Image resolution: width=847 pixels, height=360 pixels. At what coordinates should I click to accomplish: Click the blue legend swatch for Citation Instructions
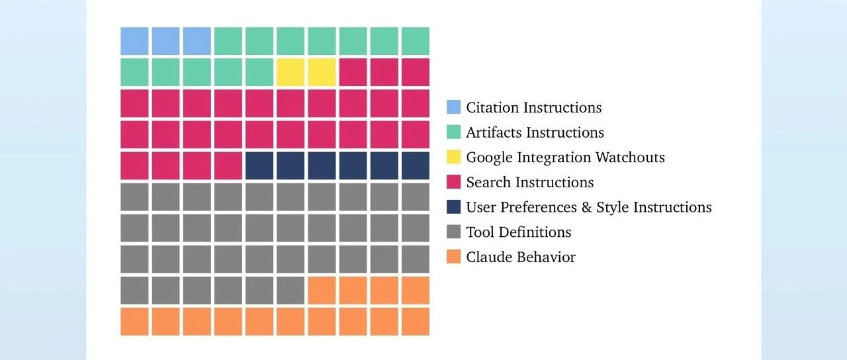[453, 107]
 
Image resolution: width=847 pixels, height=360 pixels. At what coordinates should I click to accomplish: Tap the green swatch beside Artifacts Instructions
[453, 132]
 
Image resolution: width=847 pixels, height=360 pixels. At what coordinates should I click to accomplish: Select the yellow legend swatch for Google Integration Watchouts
[453, 157]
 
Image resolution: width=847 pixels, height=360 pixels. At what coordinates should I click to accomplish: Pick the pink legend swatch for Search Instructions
[453, 182]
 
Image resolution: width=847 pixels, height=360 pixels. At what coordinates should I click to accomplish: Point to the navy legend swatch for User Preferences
[453, 207]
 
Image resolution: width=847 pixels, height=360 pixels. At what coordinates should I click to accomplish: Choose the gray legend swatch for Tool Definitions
[453, 232]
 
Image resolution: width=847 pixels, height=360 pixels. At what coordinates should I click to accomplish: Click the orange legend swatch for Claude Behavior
[453, 257]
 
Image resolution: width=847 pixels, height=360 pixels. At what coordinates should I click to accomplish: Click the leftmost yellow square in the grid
[290, 72]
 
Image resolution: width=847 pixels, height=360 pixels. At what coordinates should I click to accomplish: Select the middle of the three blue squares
[165, 41]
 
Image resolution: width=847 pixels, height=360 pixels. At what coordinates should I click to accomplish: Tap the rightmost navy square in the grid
[415, 165]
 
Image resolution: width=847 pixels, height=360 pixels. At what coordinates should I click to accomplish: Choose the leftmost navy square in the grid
[259, 165]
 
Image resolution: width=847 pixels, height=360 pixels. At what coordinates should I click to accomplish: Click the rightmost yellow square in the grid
[322, 72]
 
